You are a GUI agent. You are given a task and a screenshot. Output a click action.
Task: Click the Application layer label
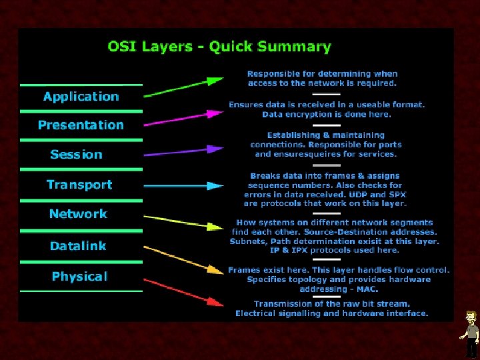81,97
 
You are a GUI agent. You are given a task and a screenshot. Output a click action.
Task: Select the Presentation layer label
81,125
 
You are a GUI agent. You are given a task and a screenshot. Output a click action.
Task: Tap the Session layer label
76,155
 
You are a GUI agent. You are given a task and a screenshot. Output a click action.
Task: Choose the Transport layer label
79,185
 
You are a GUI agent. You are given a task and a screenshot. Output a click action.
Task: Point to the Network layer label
78,214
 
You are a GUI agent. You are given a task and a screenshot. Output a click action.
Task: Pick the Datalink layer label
78,246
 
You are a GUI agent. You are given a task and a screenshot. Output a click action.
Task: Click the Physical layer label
79,277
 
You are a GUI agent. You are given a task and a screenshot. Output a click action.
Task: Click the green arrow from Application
183,87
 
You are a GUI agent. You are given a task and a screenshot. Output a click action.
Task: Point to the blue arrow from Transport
183,185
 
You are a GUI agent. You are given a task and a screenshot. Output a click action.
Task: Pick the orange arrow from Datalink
183,258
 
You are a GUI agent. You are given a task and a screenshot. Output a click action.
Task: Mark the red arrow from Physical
183,293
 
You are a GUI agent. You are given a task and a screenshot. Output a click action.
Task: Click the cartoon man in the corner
471,333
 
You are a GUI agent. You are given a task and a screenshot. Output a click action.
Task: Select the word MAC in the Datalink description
367,289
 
